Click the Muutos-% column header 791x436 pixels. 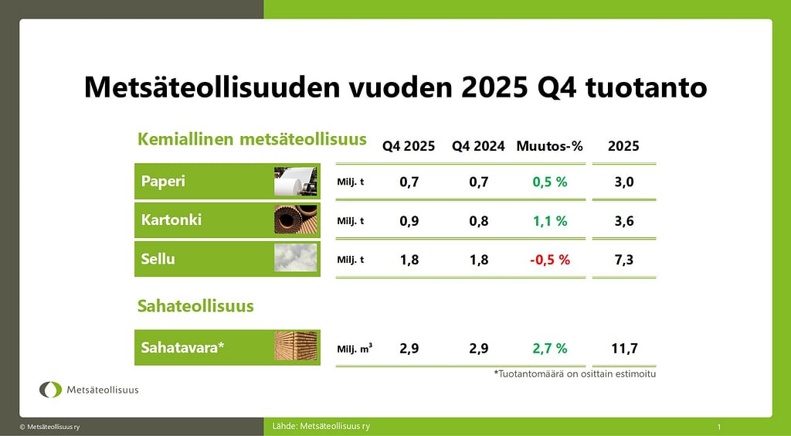(x=549, y=146)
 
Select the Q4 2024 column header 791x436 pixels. (x=478, y=146)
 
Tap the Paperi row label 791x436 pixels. (x=163, y=181)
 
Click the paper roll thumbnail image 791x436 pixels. (x=296, y=181)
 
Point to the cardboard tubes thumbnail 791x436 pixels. (x=296, y=220)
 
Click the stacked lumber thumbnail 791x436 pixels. (x=296, y=346)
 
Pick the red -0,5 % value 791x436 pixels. (x=550, y=260)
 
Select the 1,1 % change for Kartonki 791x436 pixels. (x=550, y=221)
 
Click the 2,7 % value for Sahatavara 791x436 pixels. (x=550, y=348)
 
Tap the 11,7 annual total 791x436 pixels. (x=624, y=348)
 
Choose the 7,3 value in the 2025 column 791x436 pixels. (x=624, y=260)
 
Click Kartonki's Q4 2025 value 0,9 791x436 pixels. (x=409, y=221)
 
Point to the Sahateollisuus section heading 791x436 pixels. (x=195, y=306)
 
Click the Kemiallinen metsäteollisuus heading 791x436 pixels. (x=253, y=139)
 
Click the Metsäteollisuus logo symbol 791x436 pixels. (x=50, y=390)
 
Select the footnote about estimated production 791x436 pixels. (x=575, y=374)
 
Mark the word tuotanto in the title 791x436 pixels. (x=647, y=87)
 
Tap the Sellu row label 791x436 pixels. (x=158, y=259)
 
